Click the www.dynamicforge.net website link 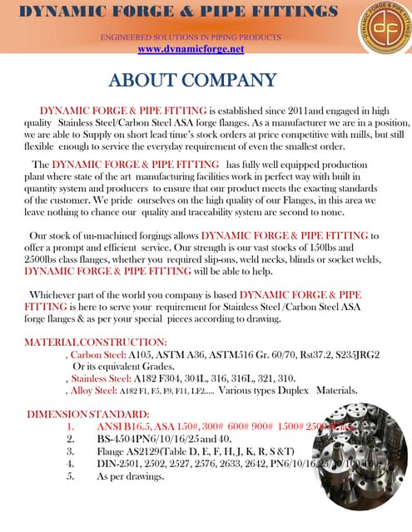(191, 49)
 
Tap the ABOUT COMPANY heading (191, 81)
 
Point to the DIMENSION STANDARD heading (88, 414)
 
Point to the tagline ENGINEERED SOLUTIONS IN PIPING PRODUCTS (191, 38)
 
